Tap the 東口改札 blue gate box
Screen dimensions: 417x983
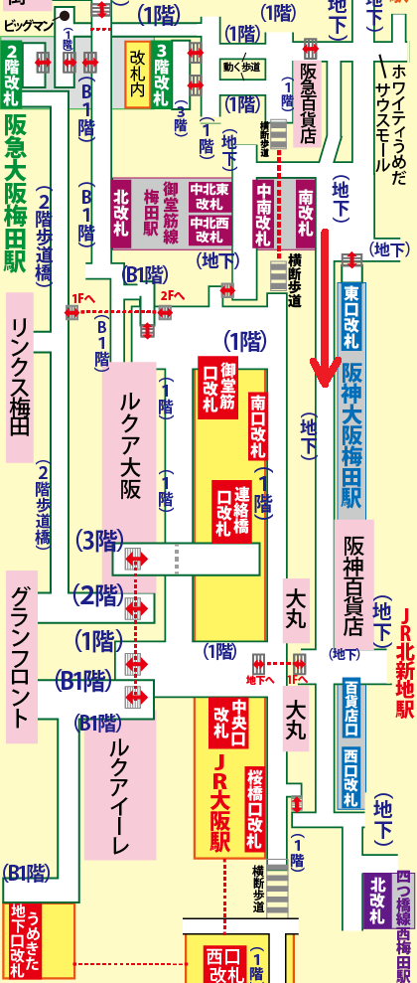[351, 314]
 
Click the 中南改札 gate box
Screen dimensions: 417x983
[265, 215]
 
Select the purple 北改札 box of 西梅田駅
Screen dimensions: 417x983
[377, 900]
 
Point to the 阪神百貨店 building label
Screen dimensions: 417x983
[353, 586]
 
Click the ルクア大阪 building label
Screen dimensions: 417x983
[129, 457]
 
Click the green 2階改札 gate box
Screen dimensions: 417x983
[12, 75]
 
